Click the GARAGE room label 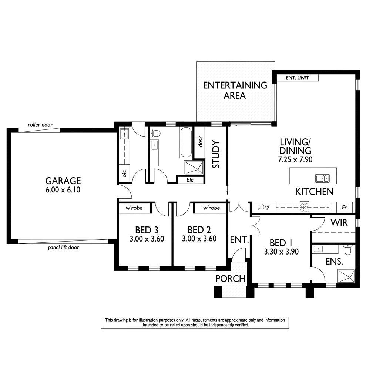click(x=63, y=181)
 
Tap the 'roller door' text click(x=40, y=125)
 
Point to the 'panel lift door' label click(x=64, y=247)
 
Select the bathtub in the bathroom click(x=185, y=142)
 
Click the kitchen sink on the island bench click(x=322, y=178)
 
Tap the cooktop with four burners click(x=305, y=207)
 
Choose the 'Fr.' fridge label click(x=345, y=208)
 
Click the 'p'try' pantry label click(x=263, y=207)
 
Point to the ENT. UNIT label click(x=297, y=78)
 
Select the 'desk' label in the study click(x=200, y=141)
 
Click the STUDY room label click(x=216, y=154)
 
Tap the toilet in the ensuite click(x=348, y=249)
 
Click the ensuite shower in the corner click(x=346, y=276)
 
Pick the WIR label click(x=339, y=222)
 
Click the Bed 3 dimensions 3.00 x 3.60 click(x=147, y=239)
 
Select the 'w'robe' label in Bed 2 click(x=211, y=208)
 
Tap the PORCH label click(x=230, y=279)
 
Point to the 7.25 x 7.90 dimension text click(x=295, y=159)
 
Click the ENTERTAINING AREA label click(x=235, y=90)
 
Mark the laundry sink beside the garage click(x=124, y=134)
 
